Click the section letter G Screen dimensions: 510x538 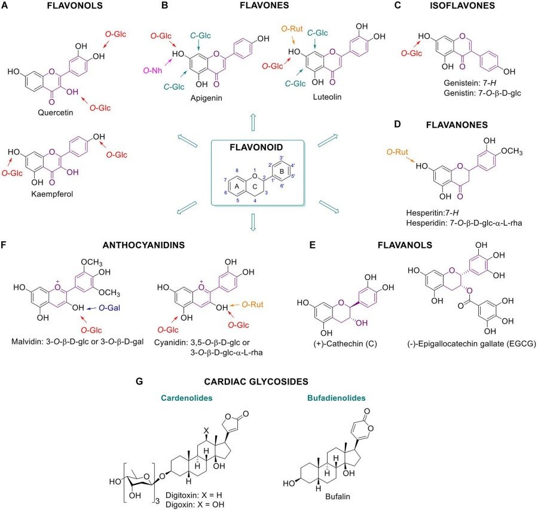[140, 380]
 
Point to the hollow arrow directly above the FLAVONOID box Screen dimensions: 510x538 [252, 122]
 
